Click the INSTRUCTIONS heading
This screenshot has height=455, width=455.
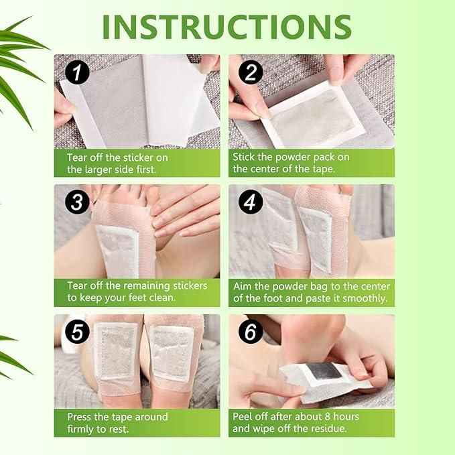[226, 26]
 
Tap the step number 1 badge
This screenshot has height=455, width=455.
[77, 72]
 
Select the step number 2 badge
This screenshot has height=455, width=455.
[251, 72]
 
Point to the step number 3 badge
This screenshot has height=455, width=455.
[77, 202]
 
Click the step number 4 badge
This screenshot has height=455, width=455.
[251, 202]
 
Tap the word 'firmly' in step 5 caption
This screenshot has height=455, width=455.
[82, 429]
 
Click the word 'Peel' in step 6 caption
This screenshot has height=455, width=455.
[245, 417]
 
